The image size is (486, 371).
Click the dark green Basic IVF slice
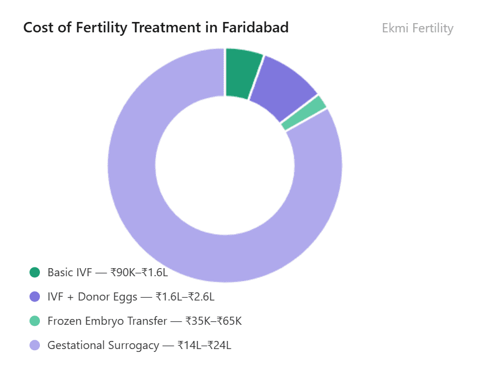(x=242, y=73)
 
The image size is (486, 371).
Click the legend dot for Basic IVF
(x=35, y=272)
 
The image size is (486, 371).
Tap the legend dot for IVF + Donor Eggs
(x=35, y=296)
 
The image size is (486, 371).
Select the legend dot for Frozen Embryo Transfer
(x=35, y=321)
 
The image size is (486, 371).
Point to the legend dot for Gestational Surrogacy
(x=35, y=345)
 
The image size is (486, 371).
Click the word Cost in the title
(x=36, y=28)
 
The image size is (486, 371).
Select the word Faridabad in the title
(x=256, y=28)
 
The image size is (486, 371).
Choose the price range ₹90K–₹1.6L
(x=139, y=272)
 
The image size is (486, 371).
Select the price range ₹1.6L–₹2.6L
(x=185, y=296)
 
